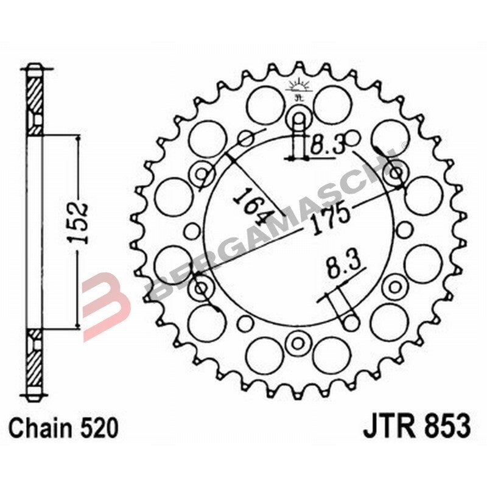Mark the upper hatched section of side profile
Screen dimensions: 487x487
36,101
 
